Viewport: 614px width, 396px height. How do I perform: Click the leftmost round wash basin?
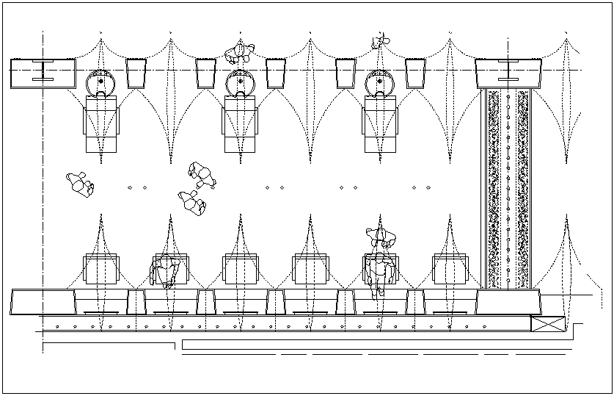coord(100,82)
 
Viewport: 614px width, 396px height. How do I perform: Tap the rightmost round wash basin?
coord(380,82)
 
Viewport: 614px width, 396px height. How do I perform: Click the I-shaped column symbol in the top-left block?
coord(44,72)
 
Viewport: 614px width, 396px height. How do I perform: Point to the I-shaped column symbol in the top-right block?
coord(509,72)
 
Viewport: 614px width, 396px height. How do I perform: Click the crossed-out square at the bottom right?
coord(548,325)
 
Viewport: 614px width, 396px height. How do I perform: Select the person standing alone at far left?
coord(79,184)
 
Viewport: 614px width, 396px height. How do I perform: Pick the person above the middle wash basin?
coord(239,52)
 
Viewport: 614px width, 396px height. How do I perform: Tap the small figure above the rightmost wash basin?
coord(379,42)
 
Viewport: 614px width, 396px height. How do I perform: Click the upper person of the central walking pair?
coord(202,176)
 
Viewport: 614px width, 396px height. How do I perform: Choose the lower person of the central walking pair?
coord(192,201)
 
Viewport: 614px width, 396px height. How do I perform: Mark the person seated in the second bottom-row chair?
coord(166,271)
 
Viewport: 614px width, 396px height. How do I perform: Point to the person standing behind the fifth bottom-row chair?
coord(381,237)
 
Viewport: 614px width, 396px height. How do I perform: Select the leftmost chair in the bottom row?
coord(101,269)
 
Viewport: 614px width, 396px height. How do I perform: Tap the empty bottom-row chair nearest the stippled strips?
coord(450,269)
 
